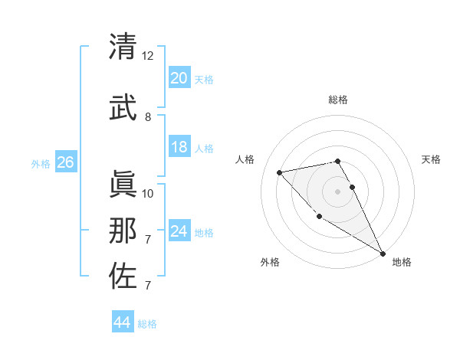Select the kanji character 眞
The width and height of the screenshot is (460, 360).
click(123, 184)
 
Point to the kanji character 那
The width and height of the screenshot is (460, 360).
click(123, 230)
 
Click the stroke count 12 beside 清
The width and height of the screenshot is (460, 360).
click(148, 56)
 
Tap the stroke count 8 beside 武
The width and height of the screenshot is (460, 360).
click(148, 117)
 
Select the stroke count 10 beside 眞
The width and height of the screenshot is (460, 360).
click(148, 194)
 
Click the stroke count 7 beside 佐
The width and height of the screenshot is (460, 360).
click(148, 286)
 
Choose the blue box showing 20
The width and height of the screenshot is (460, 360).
click(179, 78)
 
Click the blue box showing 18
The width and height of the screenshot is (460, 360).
click(179, 147)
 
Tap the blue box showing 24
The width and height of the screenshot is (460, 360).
click(179, 231)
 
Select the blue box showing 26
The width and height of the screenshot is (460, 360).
click(65, 162)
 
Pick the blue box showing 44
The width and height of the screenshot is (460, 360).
click(122, 322)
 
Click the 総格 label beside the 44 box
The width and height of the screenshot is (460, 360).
click(147, 324)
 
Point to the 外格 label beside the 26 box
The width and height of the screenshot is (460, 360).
click(41, 163)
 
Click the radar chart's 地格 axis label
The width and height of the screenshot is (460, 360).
click(402, 262)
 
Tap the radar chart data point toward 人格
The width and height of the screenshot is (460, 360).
click(280, 172)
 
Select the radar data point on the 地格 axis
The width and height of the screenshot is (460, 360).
click(383, 254)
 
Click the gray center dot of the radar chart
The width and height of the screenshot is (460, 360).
click(337, 191)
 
